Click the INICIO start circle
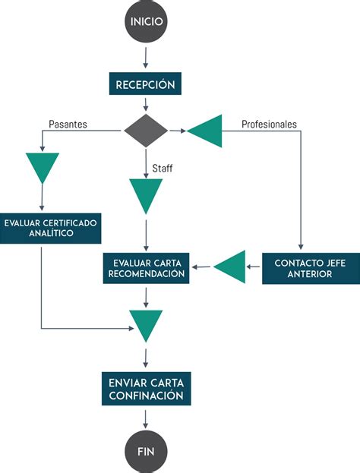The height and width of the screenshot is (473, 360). pos(146,22)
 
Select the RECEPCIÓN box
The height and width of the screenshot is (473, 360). pos(146,84)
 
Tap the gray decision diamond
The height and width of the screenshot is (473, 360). pos(146,131)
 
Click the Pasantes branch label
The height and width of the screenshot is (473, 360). pos(68,124)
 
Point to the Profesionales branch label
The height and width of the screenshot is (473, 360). pos(269,124)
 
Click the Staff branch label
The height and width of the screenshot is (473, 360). pos(163,168)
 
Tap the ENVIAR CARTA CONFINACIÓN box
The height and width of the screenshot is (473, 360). pos(145,387)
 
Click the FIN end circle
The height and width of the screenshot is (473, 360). pos(146,450)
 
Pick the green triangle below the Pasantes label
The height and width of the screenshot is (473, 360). pos(42,166)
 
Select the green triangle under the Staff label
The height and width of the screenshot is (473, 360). pos(146,194)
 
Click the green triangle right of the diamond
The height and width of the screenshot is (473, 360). pos(206,131)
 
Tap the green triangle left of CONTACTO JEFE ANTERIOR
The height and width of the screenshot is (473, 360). pos(230,266)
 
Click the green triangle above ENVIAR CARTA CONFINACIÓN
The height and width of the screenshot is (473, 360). pos(146,324)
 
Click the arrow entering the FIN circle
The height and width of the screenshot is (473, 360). pos(146,418)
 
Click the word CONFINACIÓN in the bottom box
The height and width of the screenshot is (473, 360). pos(145,396)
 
